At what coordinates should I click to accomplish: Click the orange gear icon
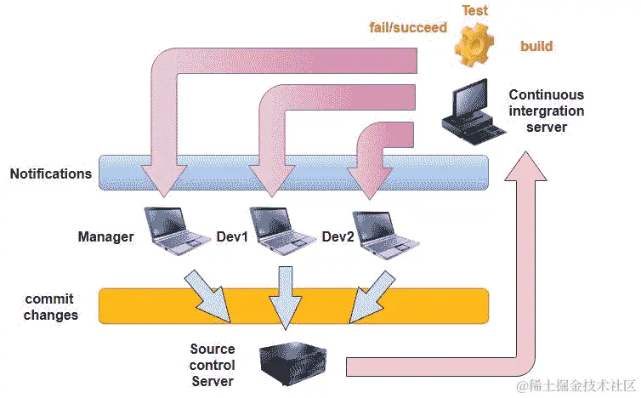[x=474, y=44]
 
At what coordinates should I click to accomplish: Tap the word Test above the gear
[x=475, y=10]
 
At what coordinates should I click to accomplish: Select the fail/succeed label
[x=408, y=27]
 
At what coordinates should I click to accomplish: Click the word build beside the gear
[x=536, y=46]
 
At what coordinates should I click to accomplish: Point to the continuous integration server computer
[x=474, y=111]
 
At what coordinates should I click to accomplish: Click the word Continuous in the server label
[x=546, y=95]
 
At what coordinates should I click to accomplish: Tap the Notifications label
[x=51, y=173]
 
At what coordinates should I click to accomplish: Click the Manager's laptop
[x=176, y=230]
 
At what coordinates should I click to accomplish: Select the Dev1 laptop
[x=281, y=230]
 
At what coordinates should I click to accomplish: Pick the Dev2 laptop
[x=386, y=235]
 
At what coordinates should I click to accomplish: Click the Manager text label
[x=106, y=236]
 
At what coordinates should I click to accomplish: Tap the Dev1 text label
[x=232, y=236]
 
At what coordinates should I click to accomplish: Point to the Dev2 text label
[x=338, y=236]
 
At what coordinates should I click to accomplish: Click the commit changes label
[x=50, y=307]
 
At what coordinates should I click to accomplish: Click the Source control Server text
[x=213, y=365]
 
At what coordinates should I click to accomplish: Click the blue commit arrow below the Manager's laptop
[x=207, y=296]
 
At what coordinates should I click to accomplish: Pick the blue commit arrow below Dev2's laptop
[x=372, y=297]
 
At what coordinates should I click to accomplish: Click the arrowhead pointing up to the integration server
[x=525, y=166]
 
